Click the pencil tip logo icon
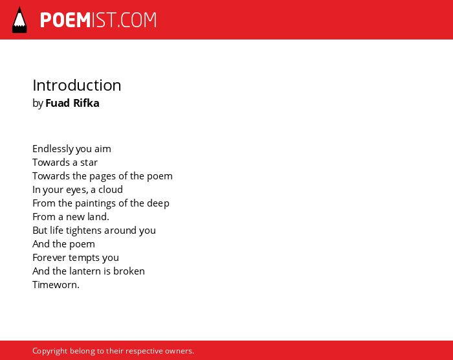[19, 19]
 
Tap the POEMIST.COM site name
[98, 20]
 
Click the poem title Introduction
[77, 85]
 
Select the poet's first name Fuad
[58, 103]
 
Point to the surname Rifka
[86, 103]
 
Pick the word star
[89, 163]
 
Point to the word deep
[158, 203]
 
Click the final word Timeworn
[56, 285]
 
